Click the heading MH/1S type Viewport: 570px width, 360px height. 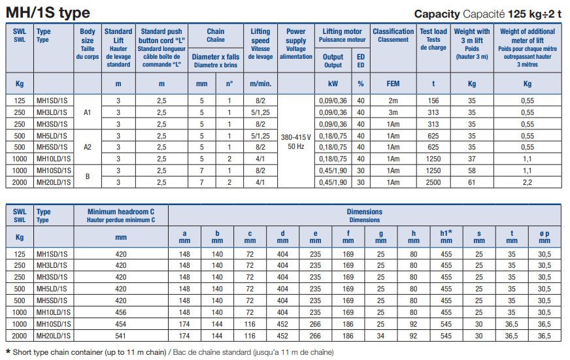48,13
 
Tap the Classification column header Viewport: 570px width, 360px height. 393,35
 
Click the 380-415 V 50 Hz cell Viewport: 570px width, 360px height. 296,141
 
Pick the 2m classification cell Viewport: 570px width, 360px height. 393,101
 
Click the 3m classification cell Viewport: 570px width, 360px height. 393,112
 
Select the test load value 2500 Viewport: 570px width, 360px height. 433,182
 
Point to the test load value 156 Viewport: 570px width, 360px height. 433,101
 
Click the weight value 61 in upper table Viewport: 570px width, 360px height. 472,182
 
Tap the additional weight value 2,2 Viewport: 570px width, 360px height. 528,182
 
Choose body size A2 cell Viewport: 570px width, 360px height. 88,147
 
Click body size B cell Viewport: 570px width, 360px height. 88,176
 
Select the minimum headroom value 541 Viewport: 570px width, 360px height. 121,336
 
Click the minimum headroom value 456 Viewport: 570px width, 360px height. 121,312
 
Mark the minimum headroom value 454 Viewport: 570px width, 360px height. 121,324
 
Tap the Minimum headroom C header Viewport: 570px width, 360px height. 121,216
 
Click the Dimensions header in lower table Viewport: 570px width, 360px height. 364,216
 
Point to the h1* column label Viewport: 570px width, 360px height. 446,237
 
